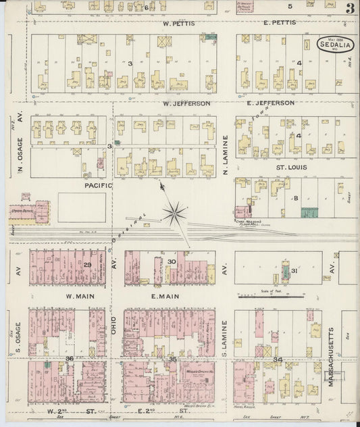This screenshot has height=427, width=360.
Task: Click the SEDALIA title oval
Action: (334, 43)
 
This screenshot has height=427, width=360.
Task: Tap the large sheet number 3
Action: (349, 9)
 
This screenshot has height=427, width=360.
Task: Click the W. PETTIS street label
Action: (178, 23)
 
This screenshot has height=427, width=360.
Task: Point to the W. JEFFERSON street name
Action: (186, 103)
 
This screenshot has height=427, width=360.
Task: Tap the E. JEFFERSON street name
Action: (270, 103)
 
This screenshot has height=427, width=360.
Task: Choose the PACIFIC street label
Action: (98, 184)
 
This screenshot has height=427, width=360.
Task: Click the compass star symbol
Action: (175, 214)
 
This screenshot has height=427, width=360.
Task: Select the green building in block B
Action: (311, 212)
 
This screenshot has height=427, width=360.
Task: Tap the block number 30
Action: (172, 261)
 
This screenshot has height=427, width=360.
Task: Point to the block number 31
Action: (294, 271)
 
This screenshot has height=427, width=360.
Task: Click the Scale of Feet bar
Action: (269, 295)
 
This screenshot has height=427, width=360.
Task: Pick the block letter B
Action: (295, 199)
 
